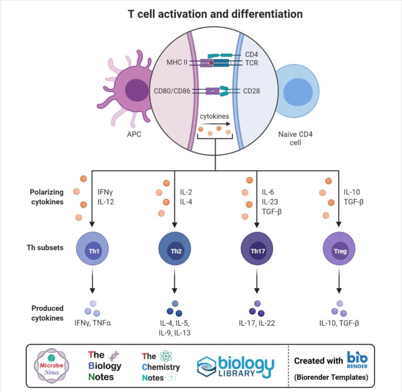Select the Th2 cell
(x=174, y=249)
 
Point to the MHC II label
(x=171, y=63)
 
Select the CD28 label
(x=254, y=90)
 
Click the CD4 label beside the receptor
(x=252, y=54)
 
